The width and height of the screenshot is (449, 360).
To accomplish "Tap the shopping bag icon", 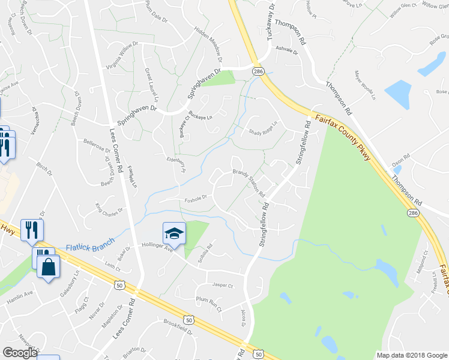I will point(48,266).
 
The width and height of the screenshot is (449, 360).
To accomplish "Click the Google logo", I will point(20,353).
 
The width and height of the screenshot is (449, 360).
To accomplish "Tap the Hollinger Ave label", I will point(157,247).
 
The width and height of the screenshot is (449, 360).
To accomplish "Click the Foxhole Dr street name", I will point(196,197).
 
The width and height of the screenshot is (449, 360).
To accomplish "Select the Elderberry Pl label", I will point(176,164).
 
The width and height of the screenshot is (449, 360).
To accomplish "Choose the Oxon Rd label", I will point(400,159).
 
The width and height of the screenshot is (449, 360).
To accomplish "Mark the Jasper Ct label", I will point(222,286).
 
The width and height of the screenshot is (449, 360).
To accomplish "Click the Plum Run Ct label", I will point(208,304).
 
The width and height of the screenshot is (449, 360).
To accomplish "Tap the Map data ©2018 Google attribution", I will point(411,355).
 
